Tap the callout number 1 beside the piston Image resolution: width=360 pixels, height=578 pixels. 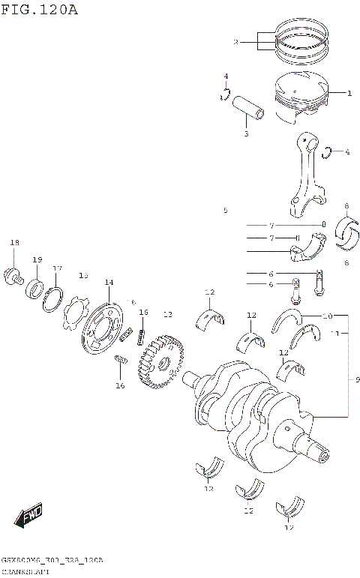point(349,94)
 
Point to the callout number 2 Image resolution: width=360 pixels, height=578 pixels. point(235,43)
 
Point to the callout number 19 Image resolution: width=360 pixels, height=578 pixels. point(37,259)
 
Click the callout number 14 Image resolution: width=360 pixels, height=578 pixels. point(109,283)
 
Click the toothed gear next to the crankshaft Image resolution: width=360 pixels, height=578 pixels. point(160,361)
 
